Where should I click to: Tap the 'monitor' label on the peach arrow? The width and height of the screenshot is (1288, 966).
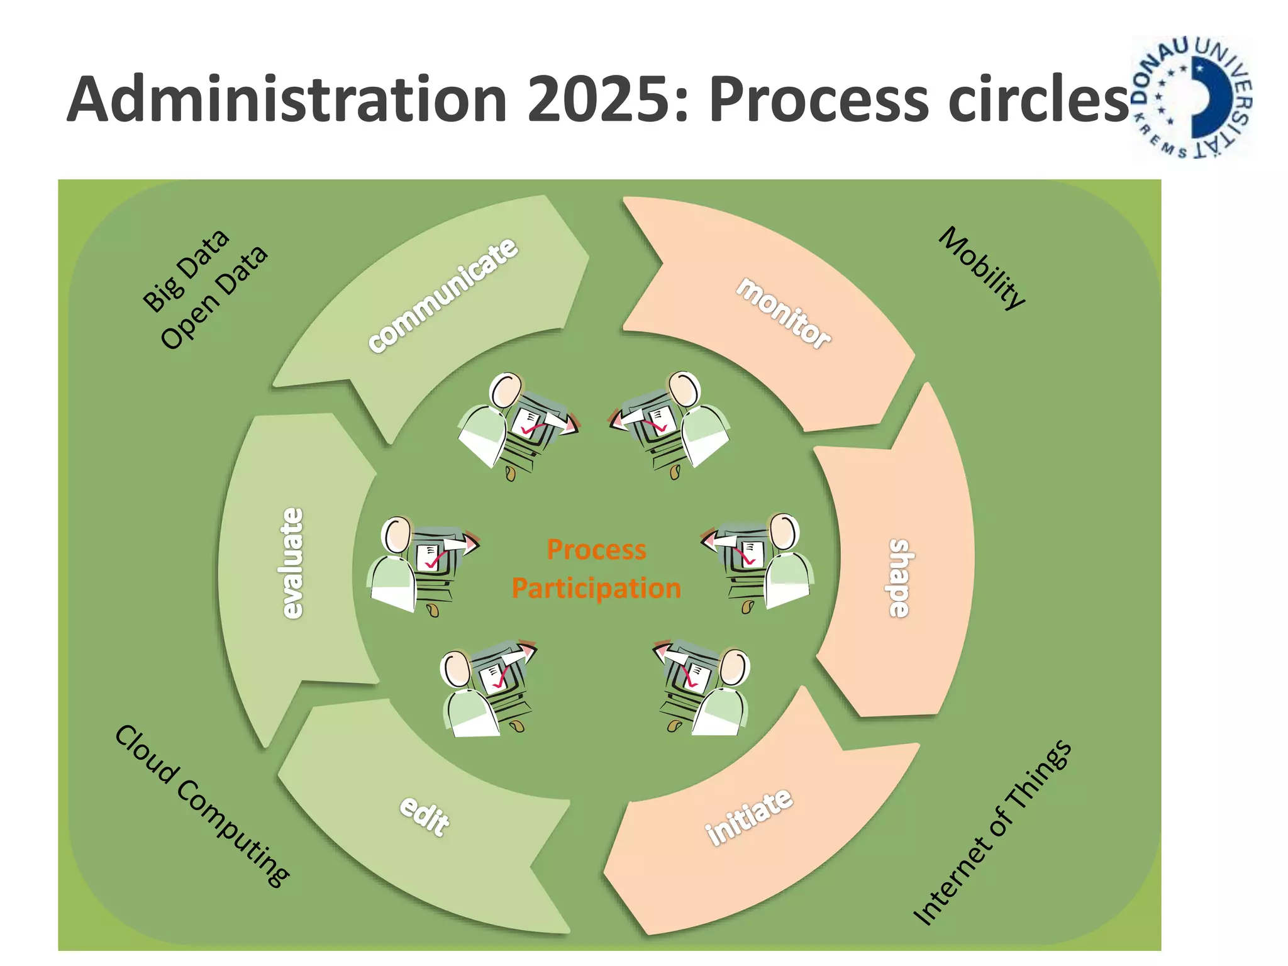click(784, 313)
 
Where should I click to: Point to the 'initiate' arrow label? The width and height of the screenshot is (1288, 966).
click(748, 817)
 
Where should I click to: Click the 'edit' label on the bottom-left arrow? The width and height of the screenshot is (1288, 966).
click(425, 815)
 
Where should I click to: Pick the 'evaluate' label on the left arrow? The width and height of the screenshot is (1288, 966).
click(292, 563)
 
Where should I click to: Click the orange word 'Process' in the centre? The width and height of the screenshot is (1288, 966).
click(596, 550)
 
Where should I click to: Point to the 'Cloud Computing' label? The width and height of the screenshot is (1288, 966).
click(202, 805)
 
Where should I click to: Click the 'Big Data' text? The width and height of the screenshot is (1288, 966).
click(186, 270)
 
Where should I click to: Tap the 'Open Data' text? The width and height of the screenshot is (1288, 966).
click(214, 297)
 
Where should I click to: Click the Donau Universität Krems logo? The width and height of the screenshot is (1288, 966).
click(1192, 97)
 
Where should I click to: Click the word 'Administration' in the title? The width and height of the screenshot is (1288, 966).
click(287, 99)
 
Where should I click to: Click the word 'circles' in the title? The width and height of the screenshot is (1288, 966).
click(1038, 99)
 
